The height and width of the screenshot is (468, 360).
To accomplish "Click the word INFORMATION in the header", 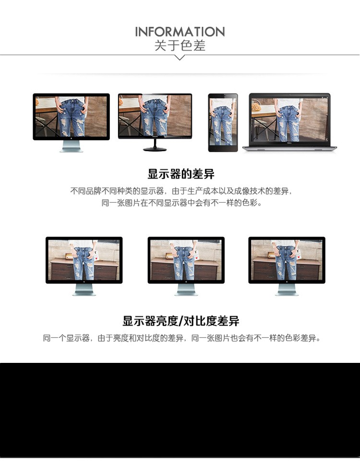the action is pos(180,32).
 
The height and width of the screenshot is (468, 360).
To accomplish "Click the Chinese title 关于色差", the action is pos(180,46).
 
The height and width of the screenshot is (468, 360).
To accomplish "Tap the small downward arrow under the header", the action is pos(180,58).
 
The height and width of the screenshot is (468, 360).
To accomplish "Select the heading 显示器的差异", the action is pos(181,174).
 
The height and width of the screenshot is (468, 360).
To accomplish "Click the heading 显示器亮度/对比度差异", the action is pos(181,321).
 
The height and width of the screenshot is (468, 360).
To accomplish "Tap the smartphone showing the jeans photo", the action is pos(223,123).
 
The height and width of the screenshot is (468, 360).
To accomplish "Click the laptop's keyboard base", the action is pos(289,148).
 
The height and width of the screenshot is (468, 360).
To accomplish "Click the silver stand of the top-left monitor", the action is pos(72,146).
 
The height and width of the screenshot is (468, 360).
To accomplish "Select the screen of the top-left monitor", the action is pos(72,117).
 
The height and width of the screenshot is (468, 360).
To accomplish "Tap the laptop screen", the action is pos(289,120).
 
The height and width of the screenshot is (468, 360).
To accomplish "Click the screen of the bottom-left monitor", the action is pos(84,260).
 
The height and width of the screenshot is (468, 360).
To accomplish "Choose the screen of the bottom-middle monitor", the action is pos(186,260).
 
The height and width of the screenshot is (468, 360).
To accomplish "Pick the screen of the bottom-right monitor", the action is pos(287,260).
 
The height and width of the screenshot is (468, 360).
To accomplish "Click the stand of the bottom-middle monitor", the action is pos(186,289).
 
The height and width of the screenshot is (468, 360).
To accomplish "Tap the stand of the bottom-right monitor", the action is pos(287,289).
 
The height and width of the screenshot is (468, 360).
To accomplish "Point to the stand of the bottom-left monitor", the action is pos(84,289).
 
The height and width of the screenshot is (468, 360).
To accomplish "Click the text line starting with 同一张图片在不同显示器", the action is pos(182,203).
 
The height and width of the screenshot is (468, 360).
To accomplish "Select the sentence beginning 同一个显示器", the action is pos(182,338).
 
